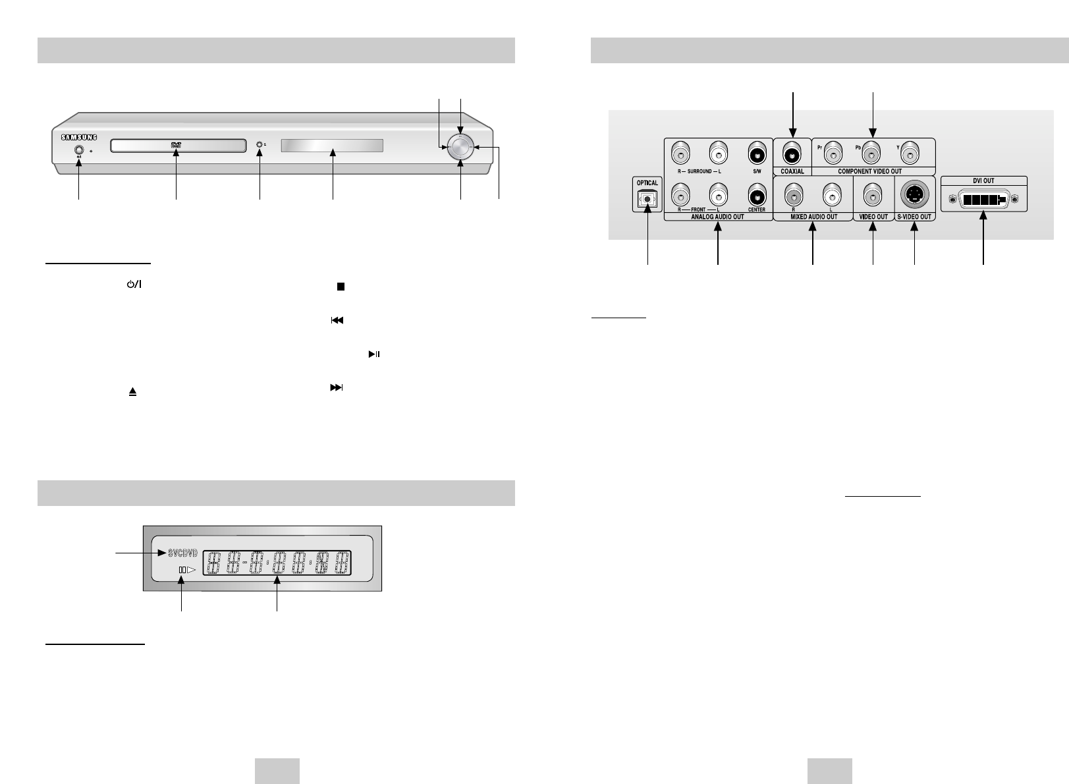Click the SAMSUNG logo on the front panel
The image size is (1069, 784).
[79, 138]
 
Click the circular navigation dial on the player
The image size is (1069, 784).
[460, 148]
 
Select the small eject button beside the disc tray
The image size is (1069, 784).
[260, 145]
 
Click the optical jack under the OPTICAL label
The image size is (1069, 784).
[648, 199]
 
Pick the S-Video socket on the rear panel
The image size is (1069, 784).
[914, 195]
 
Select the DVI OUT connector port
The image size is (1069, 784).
[983, 200]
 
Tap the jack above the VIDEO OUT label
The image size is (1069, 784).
[873, 196]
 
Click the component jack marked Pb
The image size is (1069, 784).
[873, 155]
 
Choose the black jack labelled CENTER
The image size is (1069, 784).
[756, 196]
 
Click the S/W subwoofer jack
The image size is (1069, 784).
[756, 155]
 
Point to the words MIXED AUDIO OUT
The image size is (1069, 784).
[813, 216]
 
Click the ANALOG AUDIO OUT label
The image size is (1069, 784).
[718, 216]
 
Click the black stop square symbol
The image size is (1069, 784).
[341, 288]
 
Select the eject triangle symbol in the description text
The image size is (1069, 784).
[132, 391]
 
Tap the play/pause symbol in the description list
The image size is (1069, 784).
[373, 355]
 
